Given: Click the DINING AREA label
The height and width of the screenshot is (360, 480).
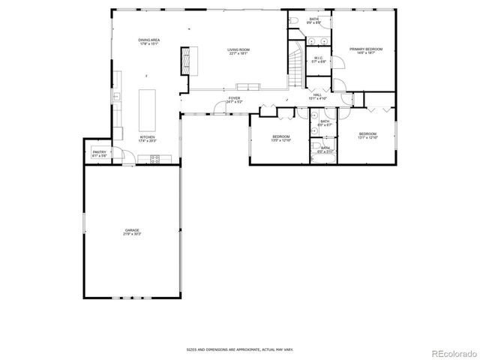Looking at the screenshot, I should (x=149, y=40).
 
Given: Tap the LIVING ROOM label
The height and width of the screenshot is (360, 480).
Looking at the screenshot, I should (x=238, y=49).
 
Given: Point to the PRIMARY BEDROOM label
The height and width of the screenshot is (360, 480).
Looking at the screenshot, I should (x=366, y=49).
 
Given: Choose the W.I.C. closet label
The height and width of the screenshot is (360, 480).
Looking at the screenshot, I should (x=318, y=58).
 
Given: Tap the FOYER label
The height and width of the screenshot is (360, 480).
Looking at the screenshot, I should (x=234, y=98).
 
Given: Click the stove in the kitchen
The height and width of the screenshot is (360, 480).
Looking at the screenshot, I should (x=155, y=157).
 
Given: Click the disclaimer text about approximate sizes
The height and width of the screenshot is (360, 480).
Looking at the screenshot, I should (x=239, y=349).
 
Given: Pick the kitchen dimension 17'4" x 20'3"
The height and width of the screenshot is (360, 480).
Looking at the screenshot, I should (x=147, y=141).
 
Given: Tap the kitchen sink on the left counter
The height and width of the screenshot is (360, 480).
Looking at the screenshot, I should (x=116, y=97).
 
